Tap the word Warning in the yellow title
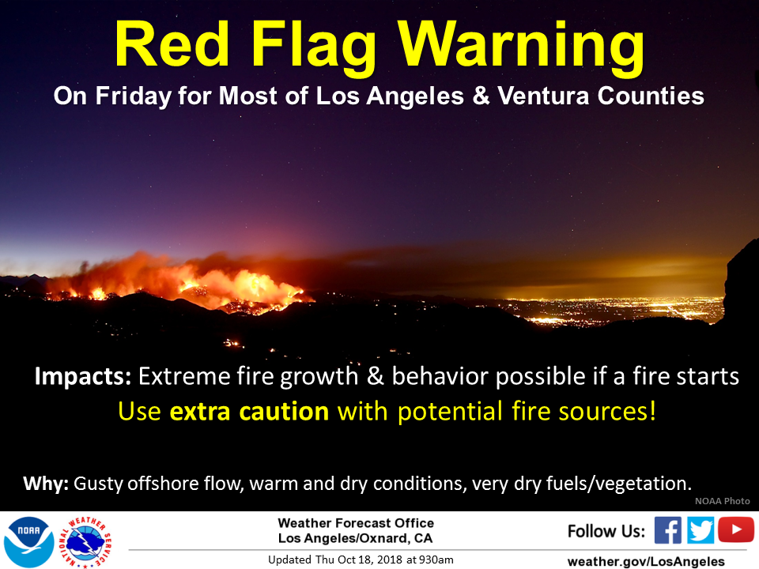tap(521, 48)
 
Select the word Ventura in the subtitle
tap(543, 96)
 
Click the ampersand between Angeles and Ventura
tap(481, 96)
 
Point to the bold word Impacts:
tap(83, 377)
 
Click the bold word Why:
tap(46, 484)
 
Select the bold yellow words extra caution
tap(249, 412)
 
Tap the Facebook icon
tap(668, 530)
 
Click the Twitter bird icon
tap(700, 530)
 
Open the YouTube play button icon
tap(736, 529)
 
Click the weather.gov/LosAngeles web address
tap(646, 561)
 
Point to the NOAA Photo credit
tap(722, 501)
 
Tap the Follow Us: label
tap(606, 531)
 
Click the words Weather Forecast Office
tap(356, 523)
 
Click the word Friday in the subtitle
tap(134, 96)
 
